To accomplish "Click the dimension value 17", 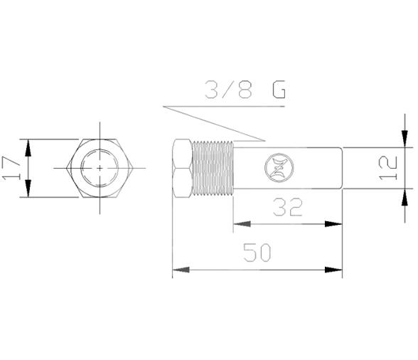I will [12, 168].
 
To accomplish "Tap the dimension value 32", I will [286, 207].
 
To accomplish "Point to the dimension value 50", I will [257, 253].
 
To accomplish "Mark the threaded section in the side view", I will [213, 168].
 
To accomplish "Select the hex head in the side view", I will [182, 168].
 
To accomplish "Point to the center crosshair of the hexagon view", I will [100, 168].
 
